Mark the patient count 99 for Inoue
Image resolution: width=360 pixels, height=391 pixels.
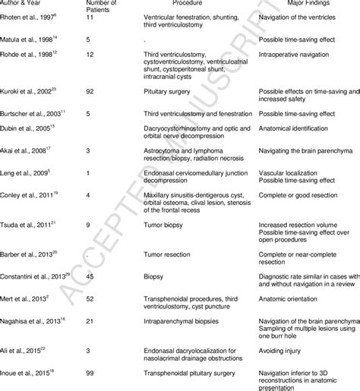coord(92,373)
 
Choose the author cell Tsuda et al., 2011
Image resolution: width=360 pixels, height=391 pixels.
coord(27,226)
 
